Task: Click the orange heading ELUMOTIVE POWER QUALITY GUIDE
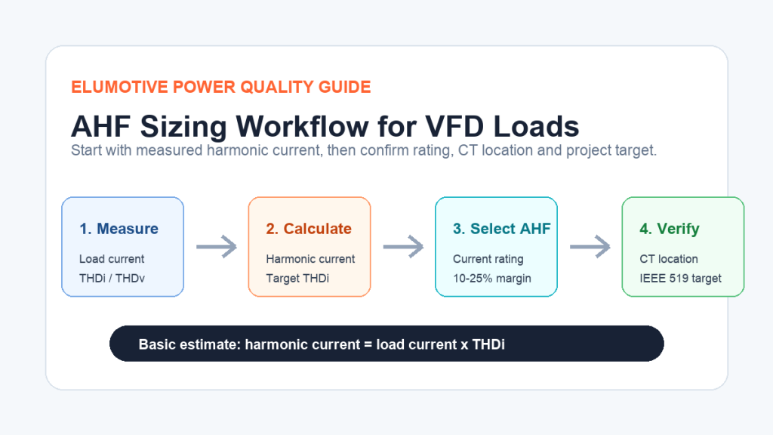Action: pyautogui.click(x=221, y=88)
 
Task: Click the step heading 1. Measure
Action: pyautogui.click(x=119, y=229)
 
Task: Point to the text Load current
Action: pyautogui.click(x=112, y=259)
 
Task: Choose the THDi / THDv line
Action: pyautogui.click(x=112, y=278)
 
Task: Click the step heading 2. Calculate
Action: pyautogui.click(x=309, y=229)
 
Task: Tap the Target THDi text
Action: pyautogui.click(x=297, y=278)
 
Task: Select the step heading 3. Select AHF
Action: pyautogui.click(x=501, y=229)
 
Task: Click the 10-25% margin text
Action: pyautogui.click(x=492, y=278)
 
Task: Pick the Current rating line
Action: pyautogui.click(x=488, y=259)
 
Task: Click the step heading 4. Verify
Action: pyautogui.click(x=670, y=229)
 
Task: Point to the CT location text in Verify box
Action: pyautogui.click(x=669, y=259)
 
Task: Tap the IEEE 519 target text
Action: pyautogui.click(x=680, y=278)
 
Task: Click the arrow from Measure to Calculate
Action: pyautogui.click(x=217, y=246)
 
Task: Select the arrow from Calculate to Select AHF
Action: pyautogui.click(x=403, y=246)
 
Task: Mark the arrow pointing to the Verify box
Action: pyautogui.click(x=590, y=246)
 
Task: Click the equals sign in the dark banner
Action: pyautogui.click(x=368, y=344)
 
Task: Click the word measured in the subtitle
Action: pyautogui.click(x=168, y=150)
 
